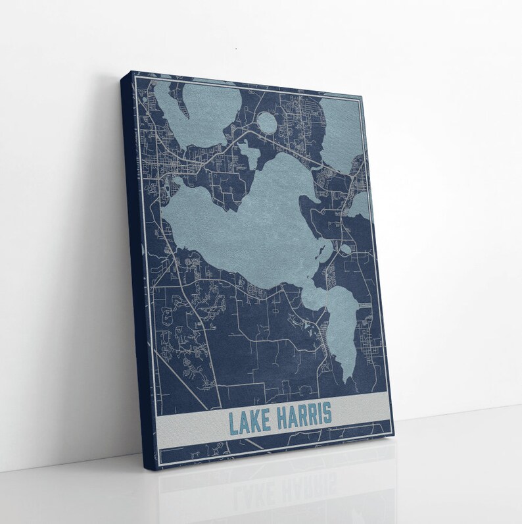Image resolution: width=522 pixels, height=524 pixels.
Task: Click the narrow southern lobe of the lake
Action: [x=342, y=329]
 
